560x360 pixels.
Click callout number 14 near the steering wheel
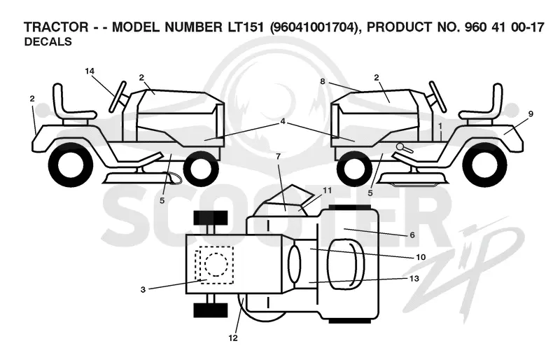tap(90, 71)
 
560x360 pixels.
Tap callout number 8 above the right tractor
tap(323, 81)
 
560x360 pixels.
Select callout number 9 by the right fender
tap(531, 114)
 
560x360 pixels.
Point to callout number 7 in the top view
tap(278, 156)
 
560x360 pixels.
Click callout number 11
tap(327, 191)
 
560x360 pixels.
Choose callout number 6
tap(412, 235)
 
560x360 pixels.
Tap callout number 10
tap(421, 257)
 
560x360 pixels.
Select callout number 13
tap(414, 278)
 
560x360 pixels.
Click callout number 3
tap(143, 289)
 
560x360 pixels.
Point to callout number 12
tap(233, 338)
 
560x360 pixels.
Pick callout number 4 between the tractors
tap(283, 122)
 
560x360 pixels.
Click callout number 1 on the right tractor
tap(440, 126)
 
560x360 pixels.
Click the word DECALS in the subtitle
tap(48, 42)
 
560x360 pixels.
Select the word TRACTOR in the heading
tap(56, 27)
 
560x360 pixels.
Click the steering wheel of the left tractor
tap(118, 96)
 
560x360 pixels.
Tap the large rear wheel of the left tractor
tap(70, 165)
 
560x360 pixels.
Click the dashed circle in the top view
tap(216, 264)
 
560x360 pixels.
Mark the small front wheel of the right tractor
tap(353, 168)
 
